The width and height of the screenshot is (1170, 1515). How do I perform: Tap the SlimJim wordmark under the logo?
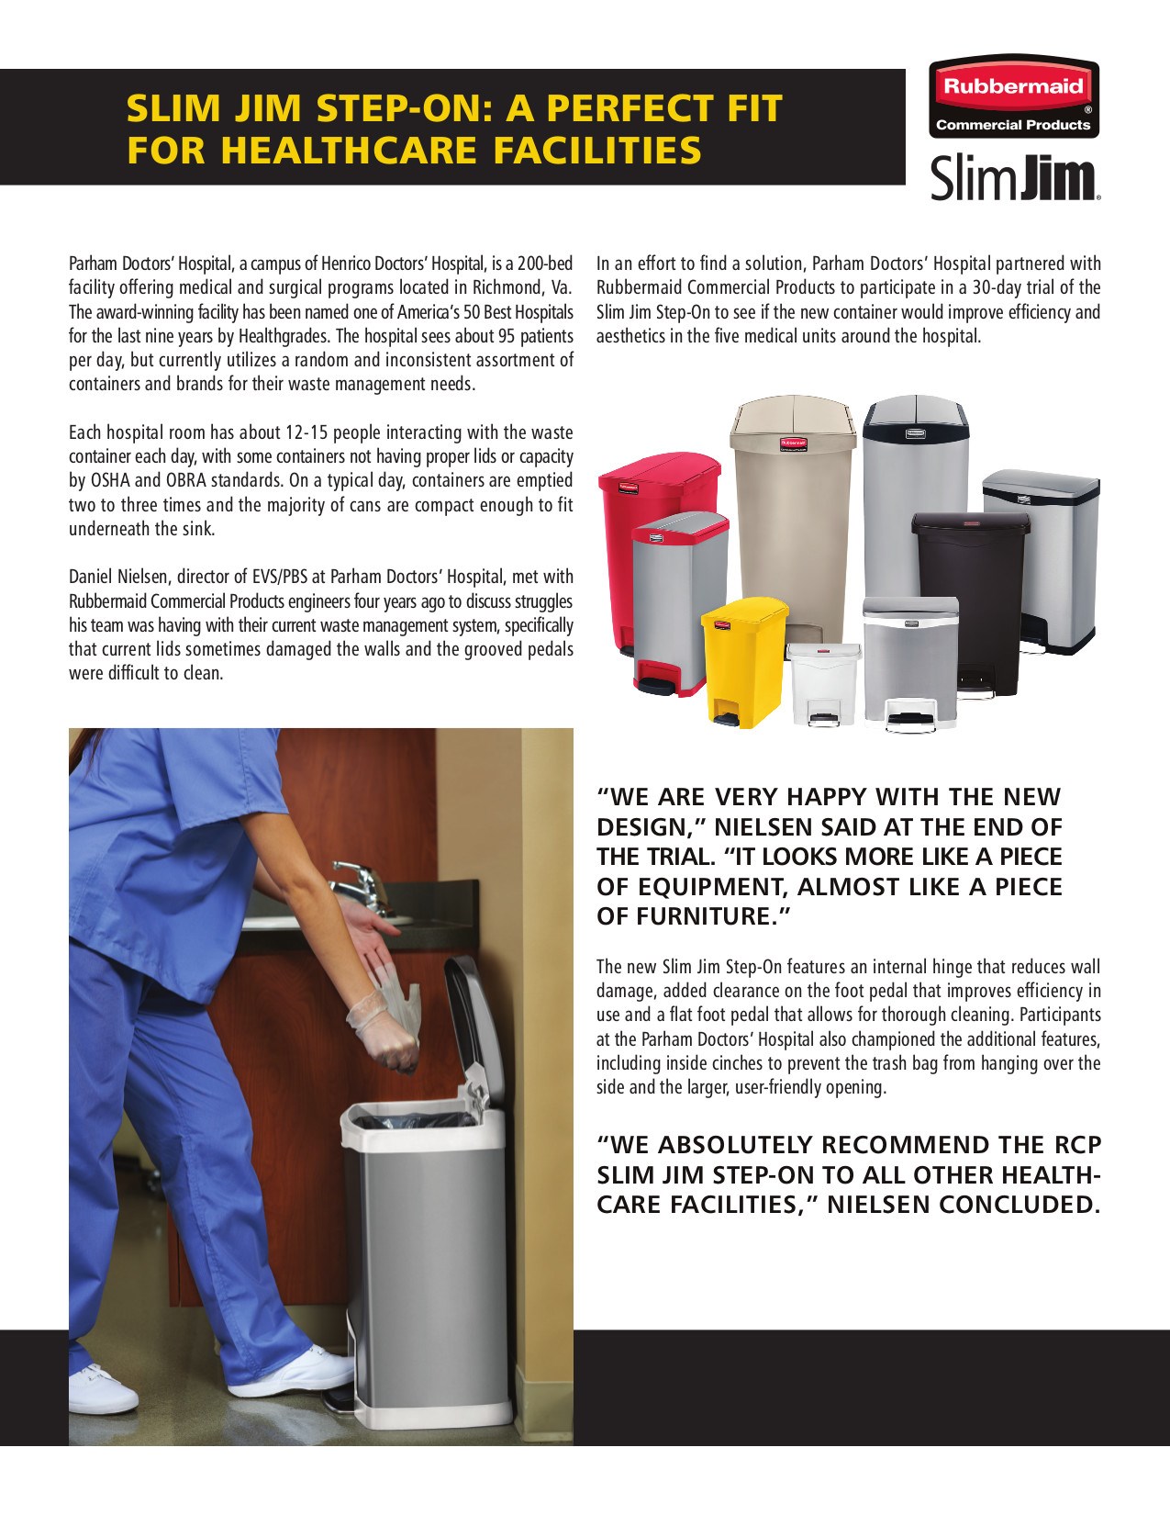tap(1014, 178)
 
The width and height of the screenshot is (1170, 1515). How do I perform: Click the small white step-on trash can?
tap(823, 681)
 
